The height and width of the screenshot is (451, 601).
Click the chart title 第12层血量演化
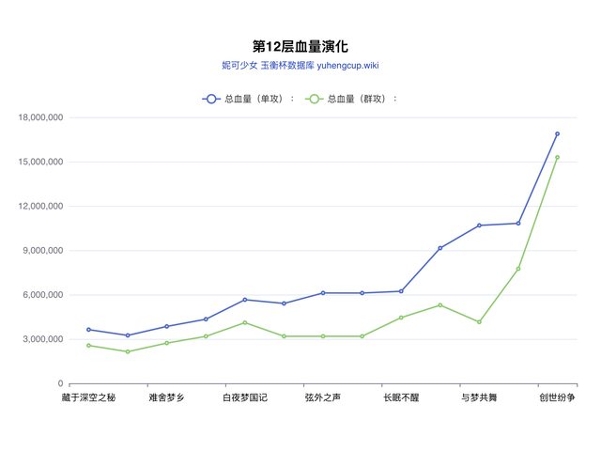(x=300, y=46)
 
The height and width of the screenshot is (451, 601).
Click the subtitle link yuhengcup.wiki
(x=341, y=66)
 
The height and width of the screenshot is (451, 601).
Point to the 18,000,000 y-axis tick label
(x=40, y=117)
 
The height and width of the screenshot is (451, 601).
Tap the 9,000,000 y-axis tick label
(x=43, y=251)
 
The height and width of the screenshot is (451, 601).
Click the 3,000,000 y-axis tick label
(x=43, y=339)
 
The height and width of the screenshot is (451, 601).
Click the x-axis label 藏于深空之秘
(x=88, y=398)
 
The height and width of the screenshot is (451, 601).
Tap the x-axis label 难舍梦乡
(x=166, y=398)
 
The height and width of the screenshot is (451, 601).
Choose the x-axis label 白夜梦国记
(x=244, y=398)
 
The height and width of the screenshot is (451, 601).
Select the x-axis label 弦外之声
(x=323, y=398)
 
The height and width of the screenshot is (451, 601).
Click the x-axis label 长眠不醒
(x=401, y=398)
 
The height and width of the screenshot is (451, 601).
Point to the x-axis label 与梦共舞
(x=479, y=398)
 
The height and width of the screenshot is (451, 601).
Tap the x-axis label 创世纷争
(x=557, y=398)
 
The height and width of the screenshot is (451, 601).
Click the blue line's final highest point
(x=557, y=133)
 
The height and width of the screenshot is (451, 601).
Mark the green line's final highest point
(x=557, y=157)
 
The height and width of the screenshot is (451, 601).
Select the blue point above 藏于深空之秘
(x=88, y=330)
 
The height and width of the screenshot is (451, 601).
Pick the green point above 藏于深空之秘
(x=88, y=346)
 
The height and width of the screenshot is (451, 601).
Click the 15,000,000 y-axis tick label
(x=40, y=162)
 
